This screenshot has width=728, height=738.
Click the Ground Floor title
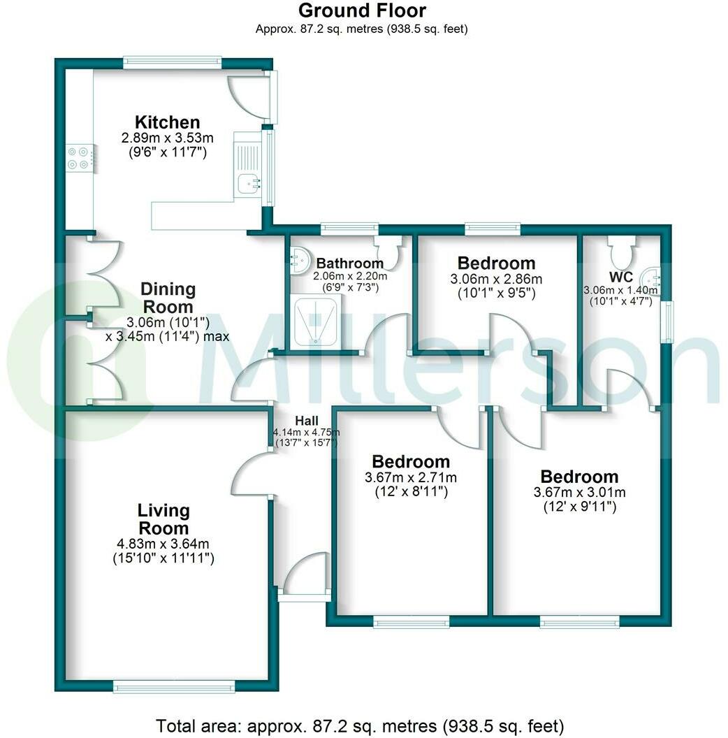coord(362,10)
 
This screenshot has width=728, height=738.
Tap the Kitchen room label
coord(168,122)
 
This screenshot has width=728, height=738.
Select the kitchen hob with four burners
coord(78,158)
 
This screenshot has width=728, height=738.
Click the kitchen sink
coord(249,183)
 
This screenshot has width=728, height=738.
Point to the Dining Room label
coord(168,298)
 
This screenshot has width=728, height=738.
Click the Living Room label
coord(163,519)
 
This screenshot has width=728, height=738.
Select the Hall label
coord(306,421)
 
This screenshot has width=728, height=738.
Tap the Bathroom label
coord(350,263)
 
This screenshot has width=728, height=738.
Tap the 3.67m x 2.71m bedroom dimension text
coord(411,478)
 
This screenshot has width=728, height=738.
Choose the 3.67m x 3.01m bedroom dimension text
coord(579,492)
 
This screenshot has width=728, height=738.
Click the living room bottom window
coord(175,688)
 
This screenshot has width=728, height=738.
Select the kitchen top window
coord(173,63)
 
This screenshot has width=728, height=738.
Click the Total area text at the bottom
coord(359,725)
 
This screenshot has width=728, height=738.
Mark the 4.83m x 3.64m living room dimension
coord(163,544)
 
